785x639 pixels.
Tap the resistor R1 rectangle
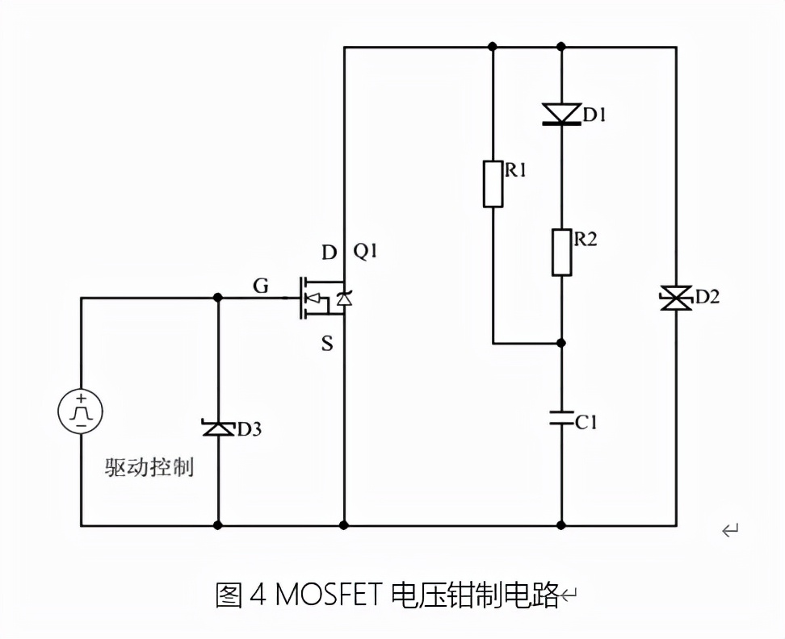pos(493,184)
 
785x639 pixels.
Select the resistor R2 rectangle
pos(562,252)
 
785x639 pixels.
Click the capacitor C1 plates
pos(562,418)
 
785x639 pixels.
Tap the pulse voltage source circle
pos(81,411)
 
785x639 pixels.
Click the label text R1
pos(516,170)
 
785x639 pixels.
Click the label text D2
pos(707,297)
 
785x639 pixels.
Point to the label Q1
pos(366,252)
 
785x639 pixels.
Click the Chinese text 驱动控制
pos(149,467)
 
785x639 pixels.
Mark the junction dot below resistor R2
pos(562,343)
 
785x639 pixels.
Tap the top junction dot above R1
pos(493,47)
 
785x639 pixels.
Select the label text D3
pos(249,429)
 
